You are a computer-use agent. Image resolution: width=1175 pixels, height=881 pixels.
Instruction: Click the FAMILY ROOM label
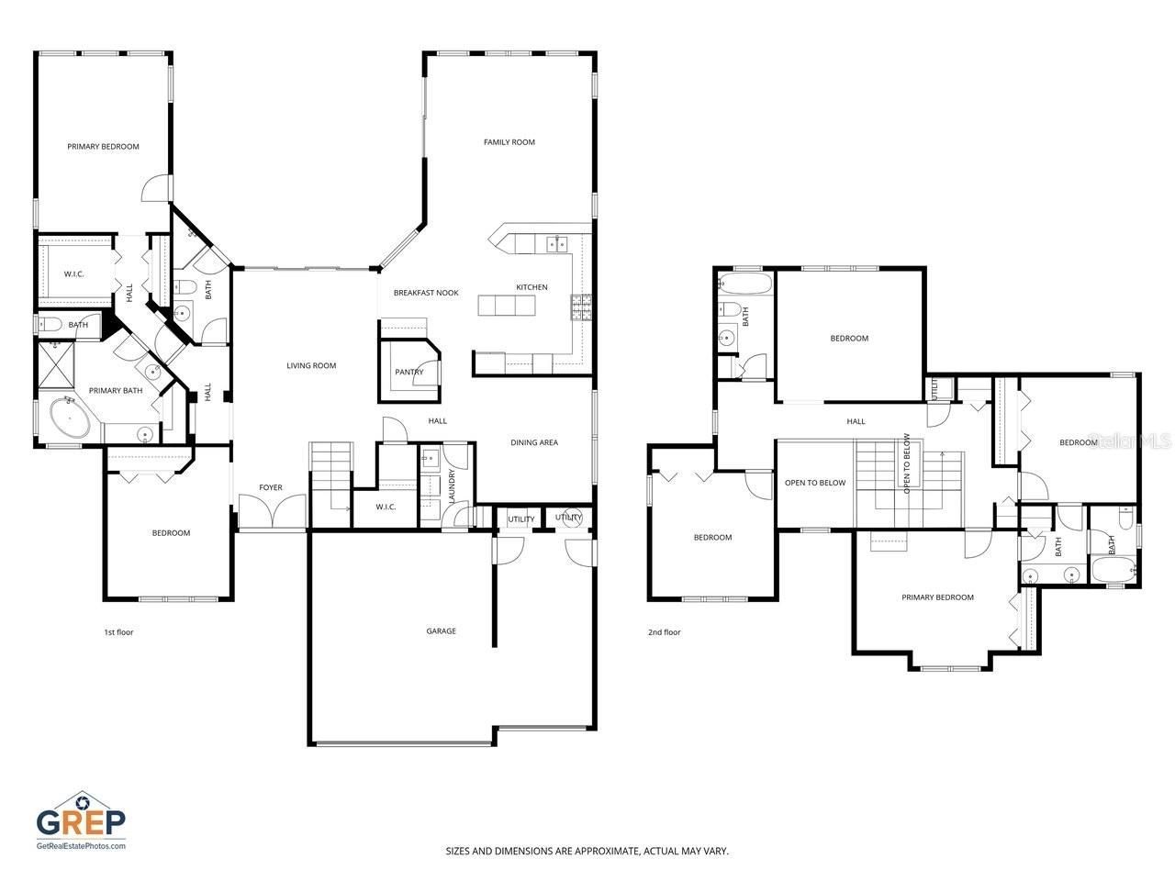point(509,142)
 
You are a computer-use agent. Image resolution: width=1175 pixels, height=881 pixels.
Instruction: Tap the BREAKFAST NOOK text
point(426,293)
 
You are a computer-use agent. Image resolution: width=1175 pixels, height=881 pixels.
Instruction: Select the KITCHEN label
point(532,287)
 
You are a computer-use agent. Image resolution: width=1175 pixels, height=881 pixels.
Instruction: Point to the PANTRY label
point(409,372)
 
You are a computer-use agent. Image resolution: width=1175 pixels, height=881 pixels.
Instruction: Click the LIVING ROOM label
point(311,365)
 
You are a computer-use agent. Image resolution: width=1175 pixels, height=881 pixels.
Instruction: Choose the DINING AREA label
point(534,442)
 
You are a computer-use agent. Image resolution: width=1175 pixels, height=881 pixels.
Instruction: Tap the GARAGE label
point(441,630)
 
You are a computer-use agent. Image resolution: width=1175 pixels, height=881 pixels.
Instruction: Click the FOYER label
point(271,487)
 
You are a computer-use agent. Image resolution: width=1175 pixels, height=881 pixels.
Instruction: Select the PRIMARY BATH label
point(116,391)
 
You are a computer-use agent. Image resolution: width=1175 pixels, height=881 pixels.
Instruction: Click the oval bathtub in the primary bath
point(63,420)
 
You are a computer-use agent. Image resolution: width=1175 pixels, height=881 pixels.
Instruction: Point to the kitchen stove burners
point(581,307)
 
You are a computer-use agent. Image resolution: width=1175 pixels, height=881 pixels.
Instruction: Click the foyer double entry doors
point(272,511)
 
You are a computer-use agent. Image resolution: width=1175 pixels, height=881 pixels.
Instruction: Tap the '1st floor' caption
point(118,631)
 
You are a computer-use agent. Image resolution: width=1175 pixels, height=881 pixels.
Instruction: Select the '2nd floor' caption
point(665,631)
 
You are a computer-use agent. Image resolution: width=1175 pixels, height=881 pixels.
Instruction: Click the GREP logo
point(81,816)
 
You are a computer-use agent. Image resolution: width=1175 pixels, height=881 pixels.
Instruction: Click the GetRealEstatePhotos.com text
point(81,845)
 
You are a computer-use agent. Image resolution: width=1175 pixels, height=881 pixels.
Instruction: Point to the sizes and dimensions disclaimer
point(587,851)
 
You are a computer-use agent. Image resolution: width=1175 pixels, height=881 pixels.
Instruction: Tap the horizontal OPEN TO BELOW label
point(815,483)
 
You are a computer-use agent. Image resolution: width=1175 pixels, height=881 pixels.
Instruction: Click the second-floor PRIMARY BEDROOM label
point(937,597)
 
